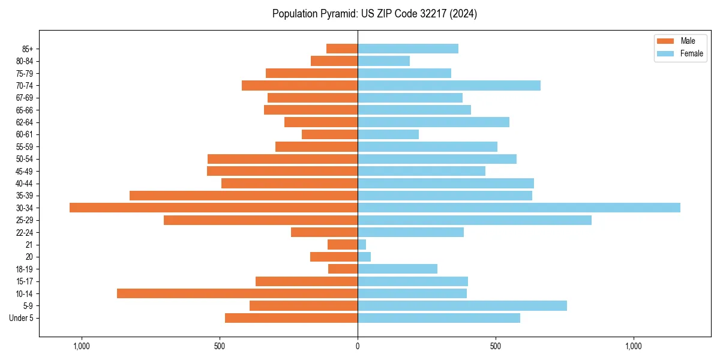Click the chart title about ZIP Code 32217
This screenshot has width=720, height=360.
(374, 14)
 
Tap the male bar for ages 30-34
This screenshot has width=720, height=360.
(214, 208)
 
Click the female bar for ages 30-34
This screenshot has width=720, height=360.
(519, 208)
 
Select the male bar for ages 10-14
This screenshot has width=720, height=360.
(237, 293)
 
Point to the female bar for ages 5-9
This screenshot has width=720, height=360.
(462, 305)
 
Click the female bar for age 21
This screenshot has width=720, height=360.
(362, 244)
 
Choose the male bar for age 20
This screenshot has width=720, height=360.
(334, 257)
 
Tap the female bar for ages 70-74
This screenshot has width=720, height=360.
(449, 85)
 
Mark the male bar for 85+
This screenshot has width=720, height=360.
(342, 49)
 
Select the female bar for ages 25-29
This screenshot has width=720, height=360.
(475, 220)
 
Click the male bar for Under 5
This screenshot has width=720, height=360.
(291, 318)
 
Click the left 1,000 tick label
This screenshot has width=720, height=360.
(81, 346)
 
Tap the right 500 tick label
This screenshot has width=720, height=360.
(495, 346)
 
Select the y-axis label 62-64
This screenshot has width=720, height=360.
(24, 122)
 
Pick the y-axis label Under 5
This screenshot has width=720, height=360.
(21, 318)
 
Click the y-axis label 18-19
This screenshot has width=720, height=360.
(24, 269)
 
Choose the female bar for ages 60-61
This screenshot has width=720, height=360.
(388, 134)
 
